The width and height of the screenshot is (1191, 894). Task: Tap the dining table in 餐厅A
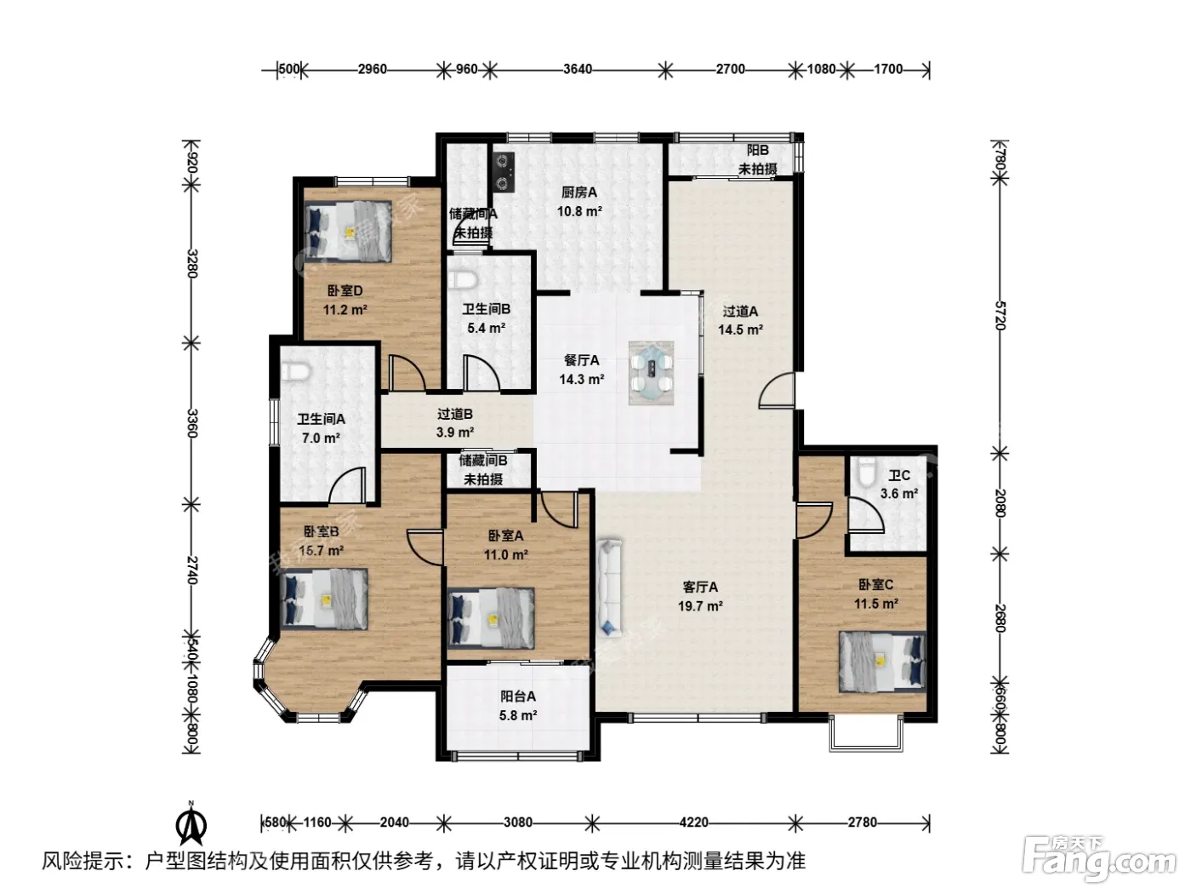click(x=651, y=372)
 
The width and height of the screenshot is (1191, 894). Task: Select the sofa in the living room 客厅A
click(x=609, y=587)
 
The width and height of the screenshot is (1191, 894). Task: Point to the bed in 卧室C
click(x=882, y=662)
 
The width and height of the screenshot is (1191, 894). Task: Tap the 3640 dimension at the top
click(x=578, y=70)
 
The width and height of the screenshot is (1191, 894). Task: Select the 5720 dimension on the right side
click(x=1001, y=315)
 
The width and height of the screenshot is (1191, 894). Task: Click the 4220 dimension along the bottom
click(x=693, y=822)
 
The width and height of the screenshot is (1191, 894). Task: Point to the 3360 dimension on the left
click(x=191, y=423)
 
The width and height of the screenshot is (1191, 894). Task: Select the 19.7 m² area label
click(x=700, y=605)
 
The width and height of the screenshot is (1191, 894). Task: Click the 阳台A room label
click(x=517, y=696)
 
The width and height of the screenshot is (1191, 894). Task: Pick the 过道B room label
click(x=454, y=414)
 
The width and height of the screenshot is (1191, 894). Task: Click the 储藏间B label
click(x=483, y=461)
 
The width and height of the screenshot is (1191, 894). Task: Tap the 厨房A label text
click(x=579, y=192)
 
